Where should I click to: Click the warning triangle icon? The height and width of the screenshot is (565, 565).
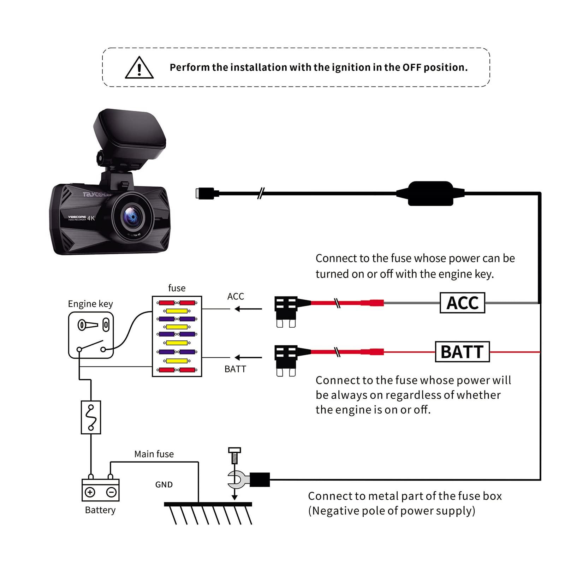[139, 68]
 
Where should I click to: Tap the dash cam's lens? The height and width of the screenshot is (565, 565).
[133, 215]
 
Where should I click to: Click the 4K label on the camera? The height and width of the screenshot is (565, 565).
[91, 218]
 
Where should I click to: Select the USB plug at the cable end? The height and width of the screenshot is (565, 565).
[206, 193]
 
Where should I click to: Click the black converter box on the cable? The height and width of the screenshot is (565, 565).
[430, 193]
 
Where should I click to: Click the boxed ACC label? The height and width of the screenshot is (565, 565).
[462, 303]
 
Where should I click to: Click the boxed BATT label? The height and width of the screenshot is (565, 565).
[462, 352]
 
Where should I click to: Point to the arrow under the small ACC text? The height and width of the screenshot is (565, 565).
[248, 309]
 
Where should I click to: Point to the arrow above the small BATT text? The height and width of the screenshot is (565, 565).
[248, 357]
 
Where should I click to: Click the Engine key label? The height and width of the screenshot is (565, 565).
[90, 304]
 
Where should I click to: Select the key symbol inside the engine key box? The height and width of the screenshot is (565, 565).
[88, 325]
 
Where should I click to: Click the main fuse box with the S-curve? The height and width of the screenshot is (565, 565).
[91, 417]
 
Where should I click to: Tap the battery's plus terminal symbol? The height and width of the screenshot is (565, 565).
[90, 492]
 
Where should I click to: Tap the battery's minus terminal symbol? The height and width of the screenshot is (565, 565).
[112, 492]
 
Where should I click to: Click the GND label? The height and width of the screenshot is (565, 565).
[164, 484]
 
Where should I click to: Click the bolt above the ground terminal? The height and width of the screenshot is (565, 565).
[234, 456]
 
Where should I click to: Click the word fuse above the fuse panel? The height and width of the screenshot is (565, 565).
[177, 288]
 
